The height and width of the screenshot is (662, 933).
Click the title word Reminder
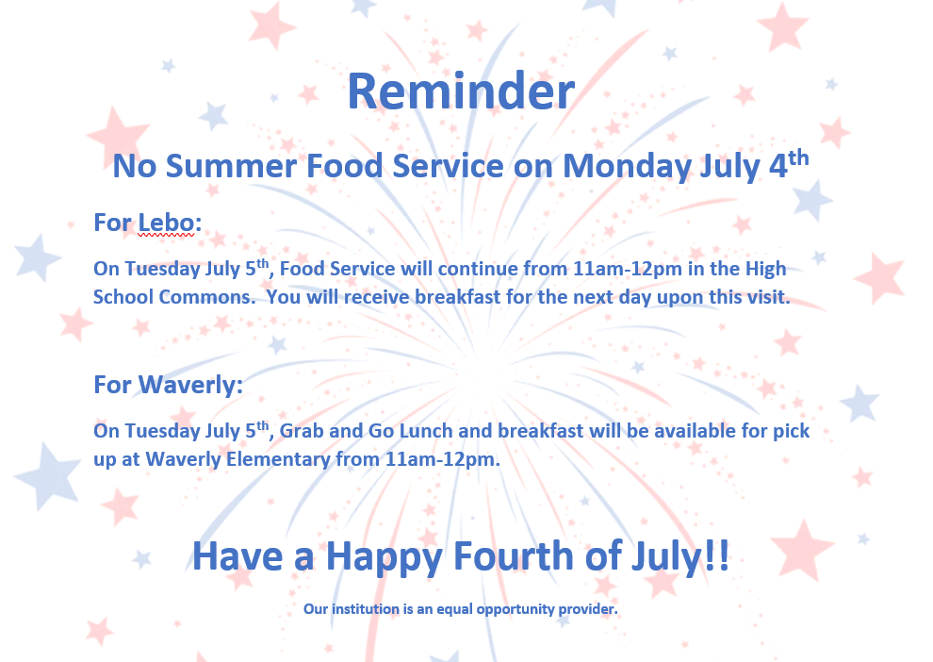[x=461, y=91]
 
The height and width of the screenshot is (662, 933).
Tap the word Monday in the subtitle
[x=627, y=166]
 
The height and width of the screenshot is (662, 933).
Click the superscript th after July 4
[x=798, y=157]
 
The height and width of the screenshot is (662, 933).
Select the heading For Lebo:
[x=148, y=223]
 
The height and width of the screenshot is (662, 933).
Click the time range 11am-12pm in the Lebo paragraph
[x=627, y=269]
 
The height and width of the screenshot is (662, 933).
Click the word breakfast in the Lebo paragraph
[x=458, y=296]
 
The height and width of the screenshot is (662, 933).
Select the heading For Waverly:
[x=169, y=385]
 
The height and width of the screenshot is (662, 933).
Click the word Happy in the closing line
[x=384, y=557]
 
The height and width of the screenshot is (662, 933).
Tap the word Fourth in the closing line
[x=513, y=556]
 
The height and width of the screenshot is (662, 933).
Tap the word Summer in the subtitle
[x=231, y=166]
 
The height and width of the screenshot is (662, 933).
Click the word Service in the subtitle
[x=448, y=166]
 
